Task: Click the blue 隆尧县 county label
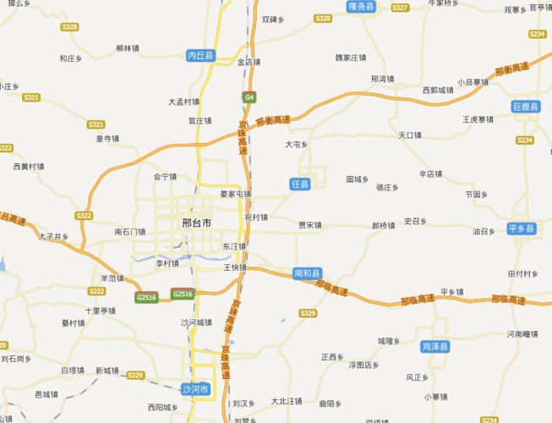[361, 6]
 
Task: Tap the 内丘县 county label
[201, 56]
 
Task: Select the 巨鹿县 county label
[525, 107]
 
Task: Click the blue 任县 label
[300, 184]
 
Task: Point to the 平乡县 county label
[522, 229]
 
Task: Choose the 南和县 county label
[308, 273]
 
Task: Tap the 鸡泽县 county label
[435, 347]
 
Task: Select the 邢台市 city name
[197, 222]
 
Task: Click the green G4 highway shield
[249, 97]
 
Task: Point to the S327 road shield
[400, 8]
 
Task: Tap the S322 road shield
[84, 216]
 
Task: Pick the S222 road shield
[96, 291]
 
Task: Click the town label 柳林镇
[127, 48]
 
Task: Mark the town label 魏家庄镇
[351, 58]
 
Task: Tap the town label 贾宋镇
[310, 225]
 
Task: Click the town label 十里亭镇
[100, 310]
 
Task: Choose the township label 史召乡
[415, 221]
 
